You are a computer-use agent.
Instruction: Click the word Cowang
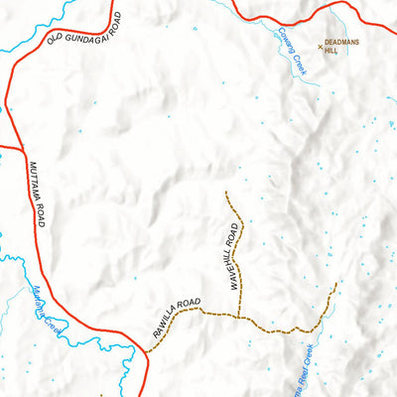click(x=275, y=40)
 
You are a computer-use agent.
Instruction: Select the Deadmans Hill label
click(x=341, y=48)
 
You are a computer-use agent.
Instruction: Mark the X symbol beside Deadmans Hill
click(x=320, y=46)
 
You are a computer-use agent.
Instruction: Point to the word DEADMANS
click(x=342, y=44)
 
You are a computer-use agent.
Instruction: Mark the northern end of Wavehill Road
click(x=226, y=192)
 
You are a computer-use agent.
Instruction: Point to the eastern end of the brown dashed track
click(x=336, y=284)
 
